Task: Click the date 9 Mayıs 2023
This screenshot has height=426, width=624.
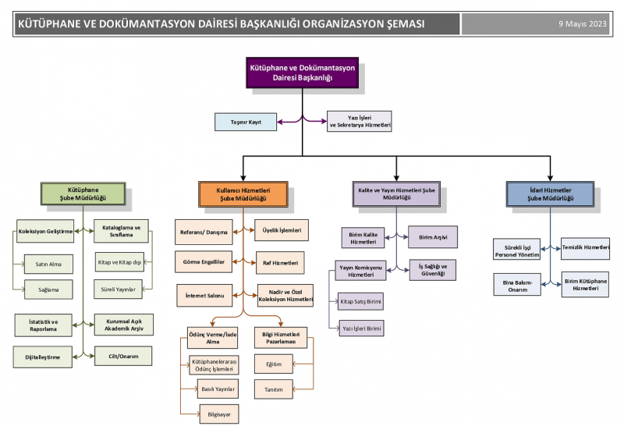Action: click(582, 23)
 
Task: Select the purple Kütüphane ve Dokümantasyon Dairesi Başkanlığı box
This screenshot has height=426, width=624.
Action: click(302, 73)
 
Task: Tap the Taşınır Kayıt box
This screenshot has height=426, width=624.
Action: click(243, 122)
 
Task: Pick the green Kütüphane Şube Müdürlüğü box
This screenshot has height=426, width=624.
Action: click(83, 194)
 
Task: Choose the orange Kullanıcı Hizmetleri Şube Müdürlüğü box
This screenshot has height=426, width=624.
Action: click(243, 194)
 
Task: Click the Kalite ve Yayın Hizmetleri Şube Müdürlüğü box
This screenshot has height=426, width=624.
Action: click(396, 194)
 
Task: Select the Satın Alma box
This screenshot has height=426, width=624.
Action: click(48, 264)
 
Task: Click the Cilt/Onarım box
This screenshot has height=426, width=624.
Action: click(122, 357)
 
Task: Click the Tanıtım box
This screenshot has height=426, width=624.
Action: click(273, 389)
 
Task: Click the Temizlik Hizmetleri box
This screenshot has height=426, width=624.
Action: click(586, 247)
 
